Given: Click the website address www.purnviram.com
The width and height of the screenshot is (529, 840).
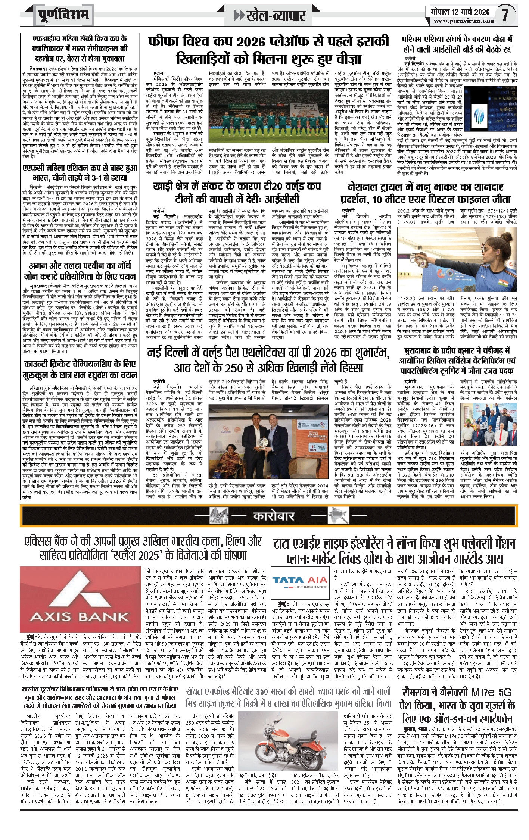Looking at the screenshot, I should (464, 21).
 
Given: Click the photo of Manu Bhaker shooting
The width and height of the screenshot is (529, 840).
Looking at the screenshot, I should (457, 259).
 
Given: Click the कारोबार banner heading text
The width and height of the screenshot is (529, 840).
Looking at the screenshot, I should (274, 516).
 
